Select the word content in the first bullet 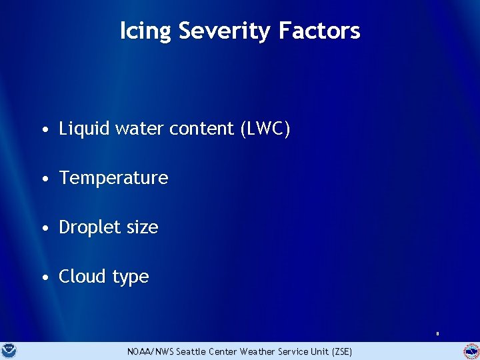[203, 129]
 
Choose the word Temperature [113, 178]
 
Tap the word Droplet [89, 227]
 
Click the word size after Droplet [141, 227]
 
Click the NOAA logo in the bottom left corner [10, 351]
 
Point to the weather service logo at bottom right [471, 351]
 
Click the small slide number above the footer [437, 333]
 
